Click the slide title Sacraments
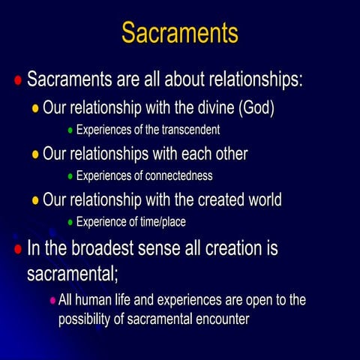[180, 32]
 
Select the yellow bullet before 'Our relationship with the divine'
[35, 108]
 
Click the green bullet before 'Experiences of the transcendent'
[70, 131]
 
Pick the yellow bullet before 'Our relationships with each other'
[35, 154]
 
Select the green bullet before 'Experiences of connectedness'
[70, 178]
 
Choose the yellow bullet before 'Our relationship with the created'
[35, 200]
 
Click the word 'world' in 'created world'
[259, 200]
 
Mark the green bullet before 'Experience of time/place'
[70, 223]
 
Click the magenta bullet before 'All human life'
[52, 300]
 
